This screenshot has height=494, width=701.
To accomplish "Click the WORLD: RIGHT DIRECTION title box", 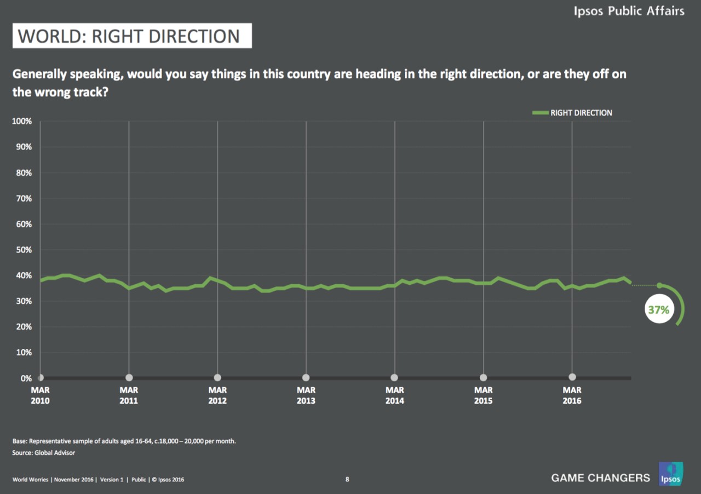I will (x=132, y=36).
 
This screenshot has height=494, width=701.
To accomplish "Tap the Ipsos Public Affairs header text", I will (x=629, y=10).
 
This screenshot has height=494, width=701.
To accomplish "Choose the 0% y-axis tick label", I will (x=26, y=378).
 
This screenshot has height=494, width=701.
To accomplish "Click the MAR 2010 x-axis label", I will (x=40, y=395).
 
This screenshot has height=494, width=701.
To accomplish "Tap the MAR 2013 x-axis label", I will (x=306, y=395).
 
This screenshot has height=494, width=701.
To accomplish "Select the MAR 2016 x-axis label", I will (x=572, y=395).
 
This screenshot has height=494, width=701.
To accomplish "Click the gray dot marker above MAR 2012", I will (x=217, y=377).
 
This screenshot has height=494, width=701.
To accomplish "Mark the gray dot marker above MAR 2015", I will (x=483, y=377).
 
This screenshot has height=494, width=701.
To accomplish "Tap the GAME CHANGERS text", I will (x=600, y=478).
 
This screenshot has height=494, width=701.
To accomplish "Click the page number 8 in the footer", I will (x=347, y=480).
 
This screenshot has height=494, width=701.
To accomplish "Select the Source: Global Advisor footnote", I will (x=44, y=453).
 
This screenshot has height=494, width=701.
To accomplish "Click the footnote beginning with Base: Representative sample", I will (x=124, y=441).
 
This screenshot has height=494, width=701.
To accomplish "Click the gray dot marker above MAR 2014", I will (x=394, y=377).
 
